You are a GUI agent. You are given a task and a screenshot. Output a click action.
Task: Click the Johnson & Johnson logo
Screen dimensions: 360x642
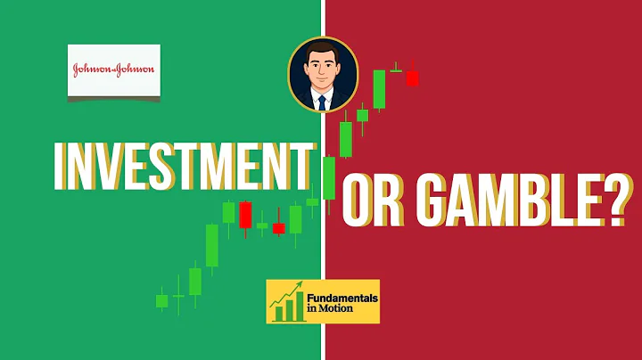point(114,70)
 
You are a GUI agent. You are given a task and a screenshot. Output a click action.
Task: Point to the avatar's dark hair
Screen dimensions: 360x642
point(323,49)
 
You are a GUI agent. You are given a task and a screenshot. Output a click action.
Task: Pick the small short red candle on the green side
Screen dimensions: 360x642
point(278,228)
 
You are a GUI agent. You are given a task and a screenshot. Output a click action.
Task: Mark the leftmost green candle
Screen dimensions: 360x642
point(161,300)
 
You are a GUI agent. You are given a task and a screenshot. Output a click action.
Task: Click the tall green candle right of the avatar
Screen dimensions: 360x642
point(380,89)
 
